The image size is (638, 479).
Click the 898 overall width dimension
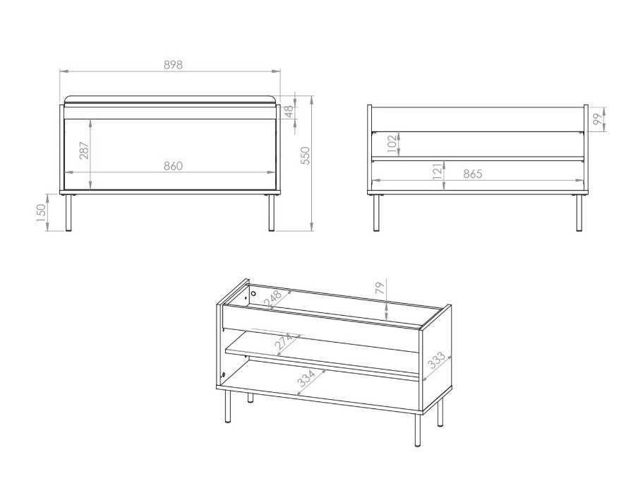[x=173, y=65]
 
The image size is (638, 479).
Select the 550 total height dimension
[x=306, y=155]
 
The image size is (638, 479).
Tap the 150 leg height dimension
[x=42, y=213]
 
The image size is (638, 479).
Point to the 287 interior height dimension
[x=84, y=150]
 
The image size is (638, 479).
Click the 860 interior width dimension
[x=174, y=166]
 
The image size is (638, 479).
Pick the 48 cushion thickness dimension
[x=289, y=111]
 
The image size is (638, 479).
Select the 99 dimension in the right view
[x=597, y=119]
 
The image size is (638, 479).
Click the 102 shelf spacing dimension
[x=392, y=144]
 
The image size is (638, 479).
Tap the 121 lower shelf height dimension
[x=438, y=171]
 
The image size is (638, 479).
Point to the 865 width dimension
[x=473, y=174]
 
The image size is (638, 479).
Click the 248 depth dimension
[x=272, y=298]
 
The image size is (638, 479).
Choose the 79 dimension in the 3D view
[x=380, y=288]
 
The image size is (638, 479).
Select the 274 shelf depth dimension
[x=284, y=342]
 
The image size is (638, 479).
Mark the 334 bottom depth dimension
[x=306, y=379]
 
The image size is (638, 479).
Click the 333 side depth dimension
[x=437, y=360]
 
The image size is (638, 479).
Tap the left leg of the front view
[x=68, y=212]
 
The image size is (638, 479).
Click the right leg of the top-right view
[x=579, y=212]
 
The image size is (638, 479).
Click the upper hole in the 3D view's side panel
[x=253, y=293]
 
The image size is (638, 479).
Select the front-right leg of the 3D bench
[x=418, y=430]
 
